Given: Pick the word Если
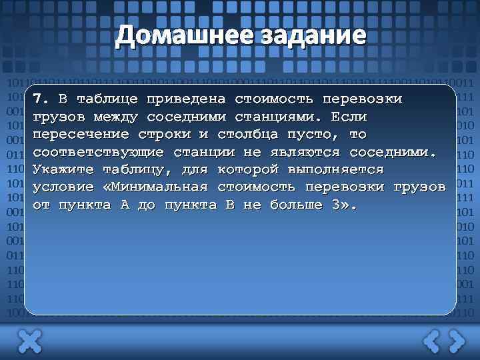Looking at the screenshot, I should click(349, 117).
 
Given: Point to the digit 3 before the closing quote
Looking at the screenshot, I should click(335, 205).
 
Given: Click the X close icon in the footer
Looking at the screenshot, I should click(29, 341).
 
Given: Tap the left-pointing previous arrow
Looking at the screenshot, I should click(432, 341).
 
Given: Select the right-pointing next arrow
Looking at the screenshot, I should click(456, 341).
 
